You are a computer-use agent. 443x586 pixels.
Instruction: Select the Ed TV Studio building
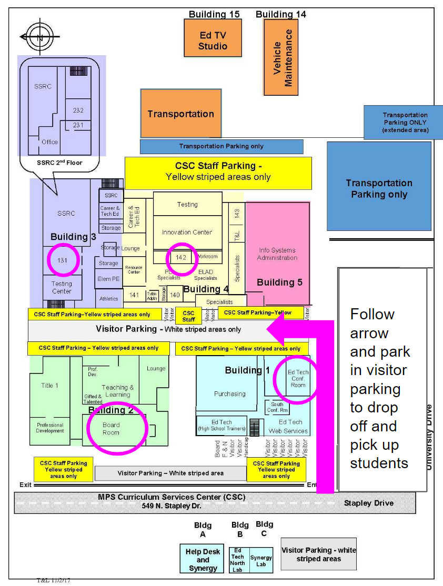pos(213,38)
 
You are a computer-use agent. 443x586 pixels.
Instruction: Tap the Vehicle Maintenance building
pos(281,57)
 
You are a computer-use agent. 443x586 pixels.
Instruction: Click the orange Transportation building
pos(180,114)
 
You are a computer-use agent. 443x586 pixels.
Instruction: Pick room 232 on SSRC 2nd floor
pos(78,110)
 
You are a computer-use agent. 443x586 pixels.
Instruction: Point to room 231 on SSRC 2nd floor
pos(78,125)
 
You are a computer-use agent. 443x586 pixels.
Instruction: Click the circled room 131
pos(63,259)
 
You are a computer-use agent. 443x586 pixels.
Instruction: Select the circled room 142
pos(182,257)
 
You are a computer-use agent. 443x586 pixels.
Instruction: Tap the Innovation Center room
pos(187,232)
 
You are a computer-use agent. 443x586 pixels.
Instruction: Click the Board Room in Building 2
pos(111,429)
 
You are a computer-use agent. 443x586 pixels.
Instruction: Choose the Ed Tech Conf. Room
pos(298,378)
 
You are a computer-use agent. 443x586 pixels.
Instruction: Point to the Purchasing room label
pos(229,393)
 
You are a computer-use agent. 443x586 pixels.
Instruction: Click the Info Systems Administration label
pos(277,254)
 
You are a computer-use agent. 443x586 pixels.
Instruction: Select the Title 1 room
pos(49,386)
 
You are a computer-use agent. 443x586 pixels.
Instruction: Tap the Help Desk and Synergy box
pos(203,560)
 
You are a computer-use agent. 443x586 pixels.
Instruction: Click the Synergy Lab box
pos(261,561)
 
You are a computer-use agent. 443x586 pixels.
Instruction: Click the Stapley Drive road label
pos(368,503)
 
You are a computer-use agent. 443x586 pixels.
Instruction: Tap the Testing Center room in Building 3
pos(62,287)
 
